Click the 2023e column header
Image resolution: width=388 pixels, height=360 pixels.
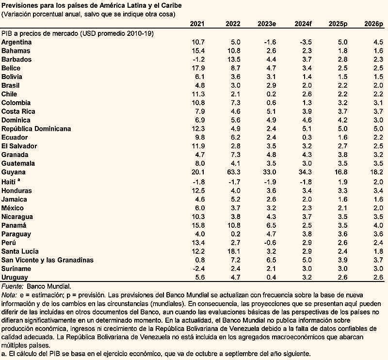point(267,24)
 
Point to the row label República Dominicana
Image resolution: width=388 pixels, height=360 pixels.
point(36,129)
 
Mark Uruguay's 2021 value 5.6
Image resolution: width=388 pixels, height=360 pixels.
point(199,278)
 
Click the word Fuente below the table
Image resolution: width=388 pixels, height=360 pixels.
point(12,286)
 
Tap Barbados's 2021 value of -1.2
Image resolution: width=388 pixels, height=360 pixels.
point(198,60)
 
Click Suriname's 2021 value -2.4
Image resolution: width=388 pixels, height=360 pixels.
point(198,269)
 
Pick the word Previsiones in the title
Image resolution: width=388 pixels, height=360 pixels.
point(22,5)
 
